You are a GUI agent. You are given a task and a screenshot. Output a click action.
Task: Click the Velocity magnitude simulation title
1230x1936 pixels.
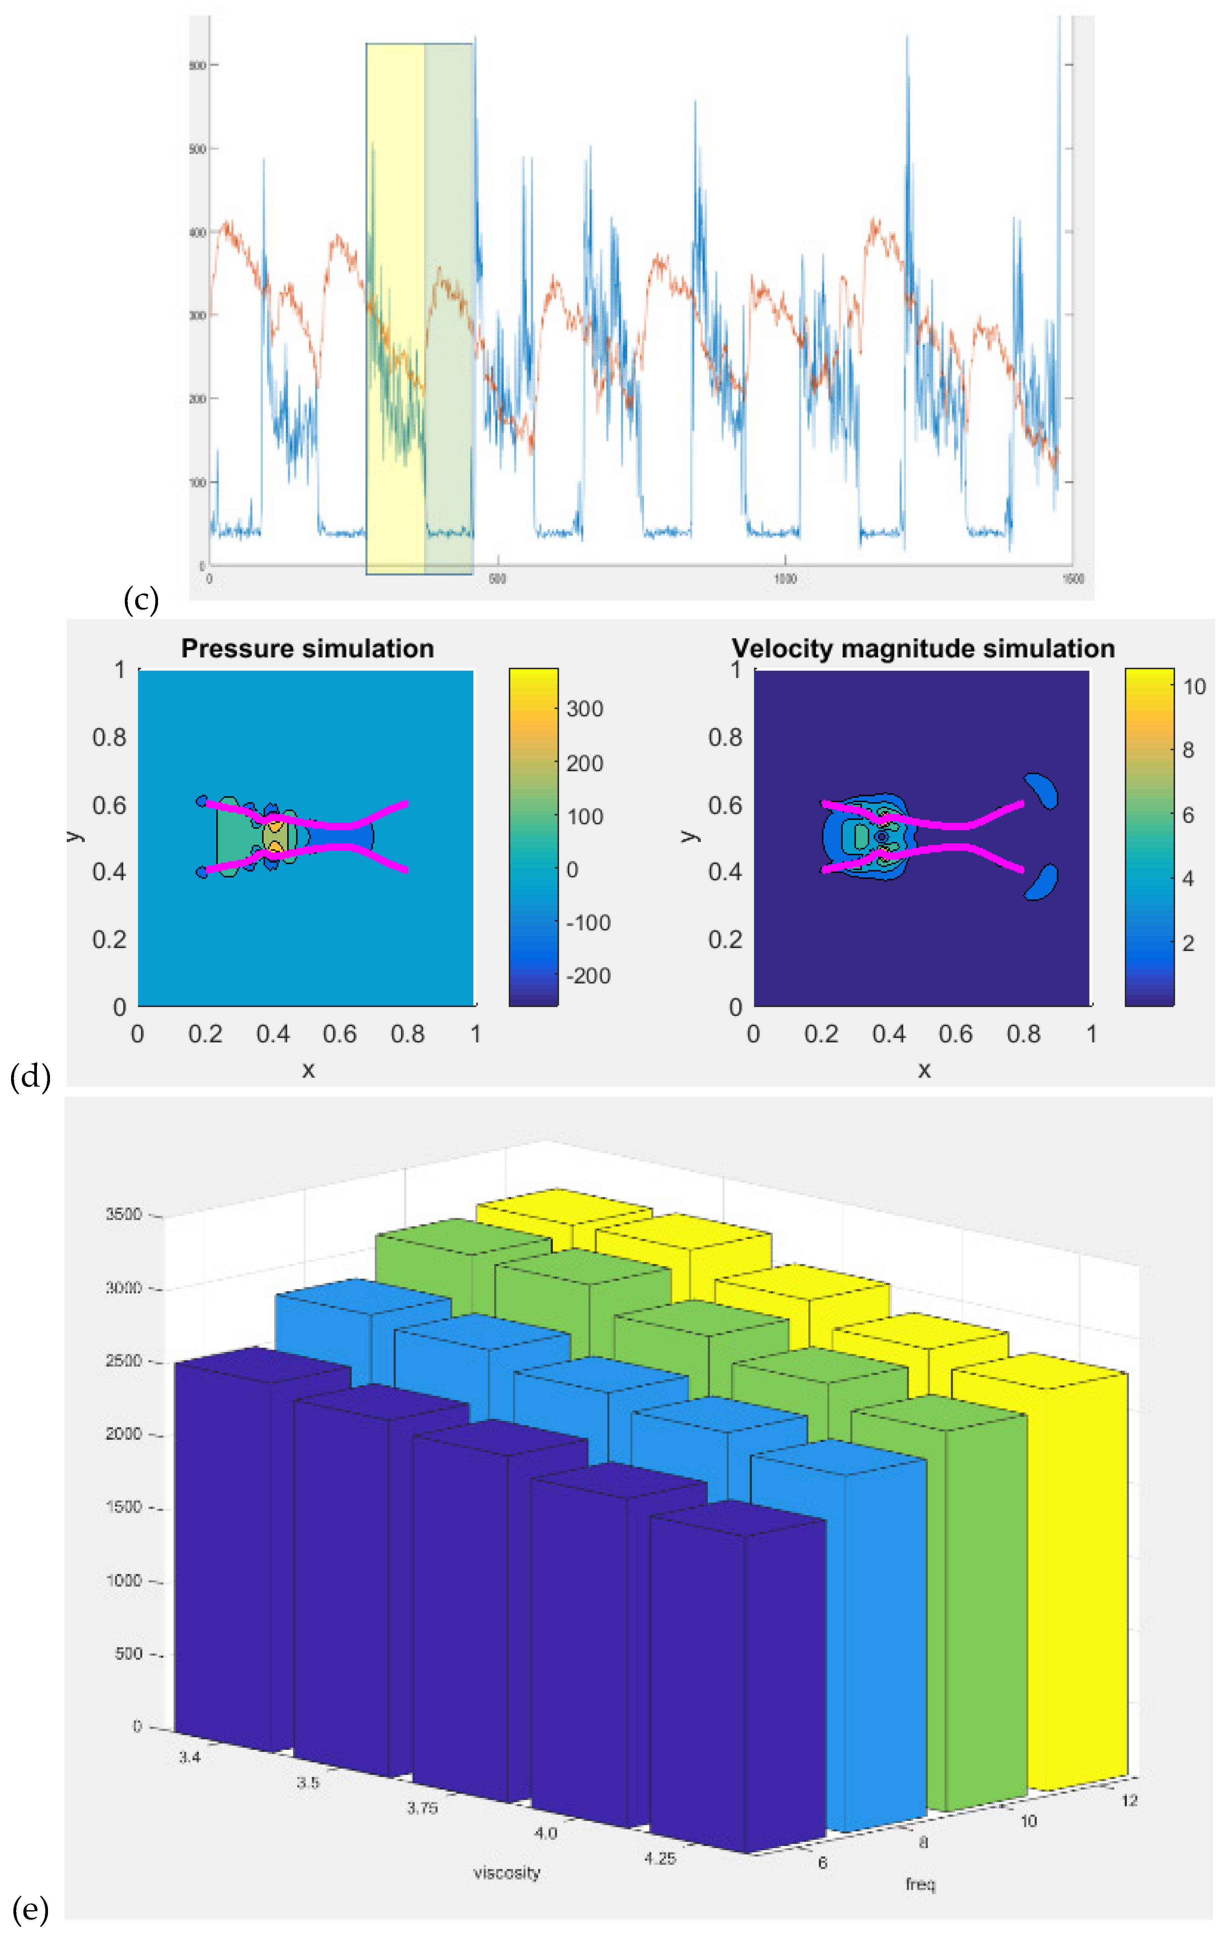click(923, 649)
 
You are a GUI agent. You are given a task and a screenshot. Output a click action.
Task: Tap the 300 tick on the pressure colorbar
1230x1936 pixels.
click(584, 709)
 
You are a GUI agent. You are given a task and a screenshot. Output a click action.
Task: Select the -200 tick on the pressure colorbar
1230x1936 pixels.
click(588, 976)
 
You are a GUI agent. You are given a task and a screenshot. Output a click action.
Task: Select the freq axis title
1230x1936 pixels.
click(921, 1884)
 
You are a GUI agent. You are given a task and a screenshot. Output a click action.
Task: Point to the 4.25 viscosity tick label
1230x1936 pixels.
click(660, 1858)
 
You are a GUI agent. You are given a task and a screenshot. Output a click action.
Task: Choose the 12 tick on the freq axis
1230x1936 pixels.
click(1129, 1800)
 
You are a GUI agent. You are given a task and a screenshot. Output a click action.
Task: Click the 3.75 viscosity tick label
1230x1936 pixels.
click(422, 1808)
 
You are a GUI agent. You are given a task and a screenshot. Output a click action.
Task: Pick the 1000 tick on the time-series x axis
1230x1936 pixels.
click(785, 579)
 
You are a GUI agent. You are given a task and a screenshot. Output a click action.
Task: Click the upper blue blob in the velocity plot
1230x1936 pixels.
click(1042, 790)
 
